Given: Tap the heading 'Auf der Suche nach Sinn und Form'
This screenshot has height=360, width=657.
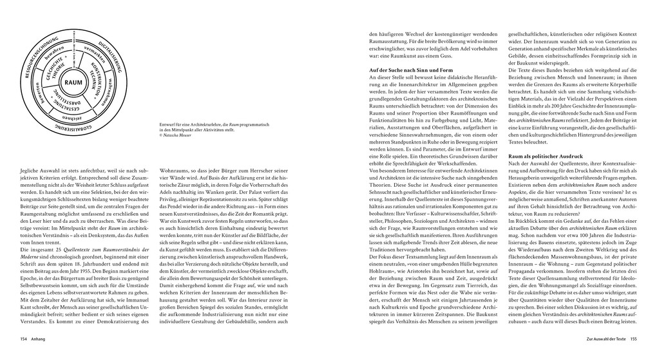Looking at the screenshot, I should [x=409, y=70].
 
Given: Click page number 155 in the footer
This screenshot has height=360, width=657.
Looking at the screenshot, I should [x=633, y=339].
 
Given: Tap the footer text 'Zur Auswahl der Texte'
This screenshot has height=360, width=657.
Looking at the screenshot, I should [x=600, y=339].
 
